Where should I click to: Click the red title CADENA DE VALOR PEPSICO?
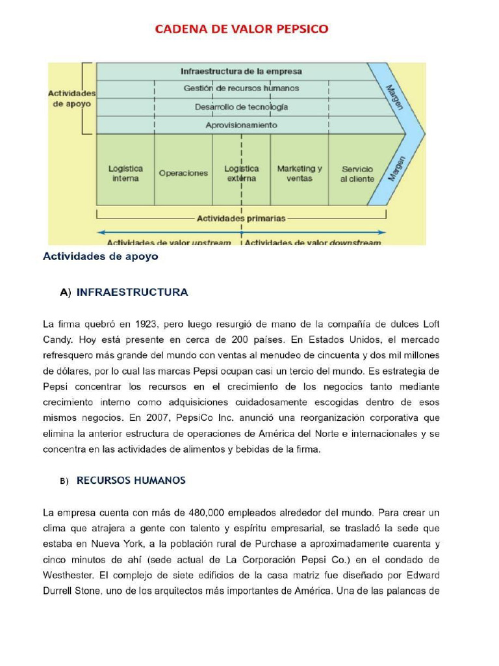[241, 29]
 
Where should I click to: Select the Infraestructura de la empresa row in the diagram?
[241, 72]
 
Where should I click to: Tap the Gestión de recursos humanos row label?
[241, 88]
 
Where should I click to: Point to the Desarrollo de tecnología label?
[241, 107]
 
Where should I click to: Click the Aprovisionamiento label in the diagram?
[241, 125]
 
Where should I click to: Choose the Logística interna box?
[125, 173]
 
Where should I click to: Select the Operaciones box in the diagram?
[183, 174]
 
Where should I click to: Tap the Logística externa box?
[241, 173]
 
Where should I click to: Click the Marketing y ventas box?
[300, 173]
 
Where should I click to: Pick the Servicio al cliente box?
[357, 174]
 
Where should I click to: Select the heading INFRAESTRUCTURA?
[133, 293]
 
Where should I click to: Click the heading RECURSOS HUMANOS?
[131, 481]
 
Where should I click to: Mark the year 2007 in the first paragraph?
[162, 418]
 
